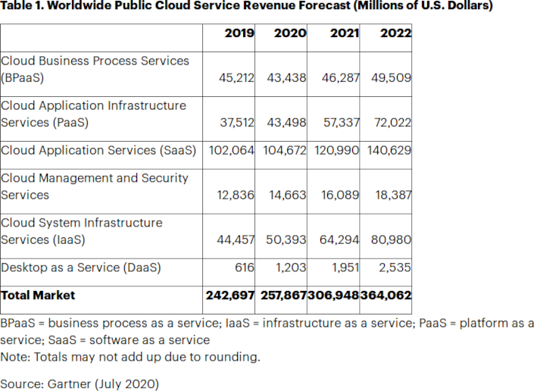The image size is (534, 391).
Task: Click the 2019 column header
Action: tap(239, 33)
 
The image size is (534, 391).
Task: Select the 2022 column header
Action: tap(396, 33)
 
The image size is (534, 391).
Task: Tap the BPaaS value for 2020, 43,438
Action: tap(285, 78)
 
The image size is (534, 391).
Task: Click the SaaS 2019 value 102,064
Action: tap(230, 150)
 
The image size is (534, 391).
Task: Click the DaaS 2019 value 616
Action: tap(244, 267)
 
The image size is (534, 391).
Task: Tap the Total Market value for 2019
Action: tap(230, 295)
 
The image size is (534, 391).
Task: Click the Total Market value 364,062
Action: tap(386, 295)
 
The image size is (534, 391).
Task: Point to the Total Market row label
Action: tap(39, 295)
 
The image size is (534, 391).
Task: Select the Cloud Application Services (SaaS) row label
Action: tap(98, 150)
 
